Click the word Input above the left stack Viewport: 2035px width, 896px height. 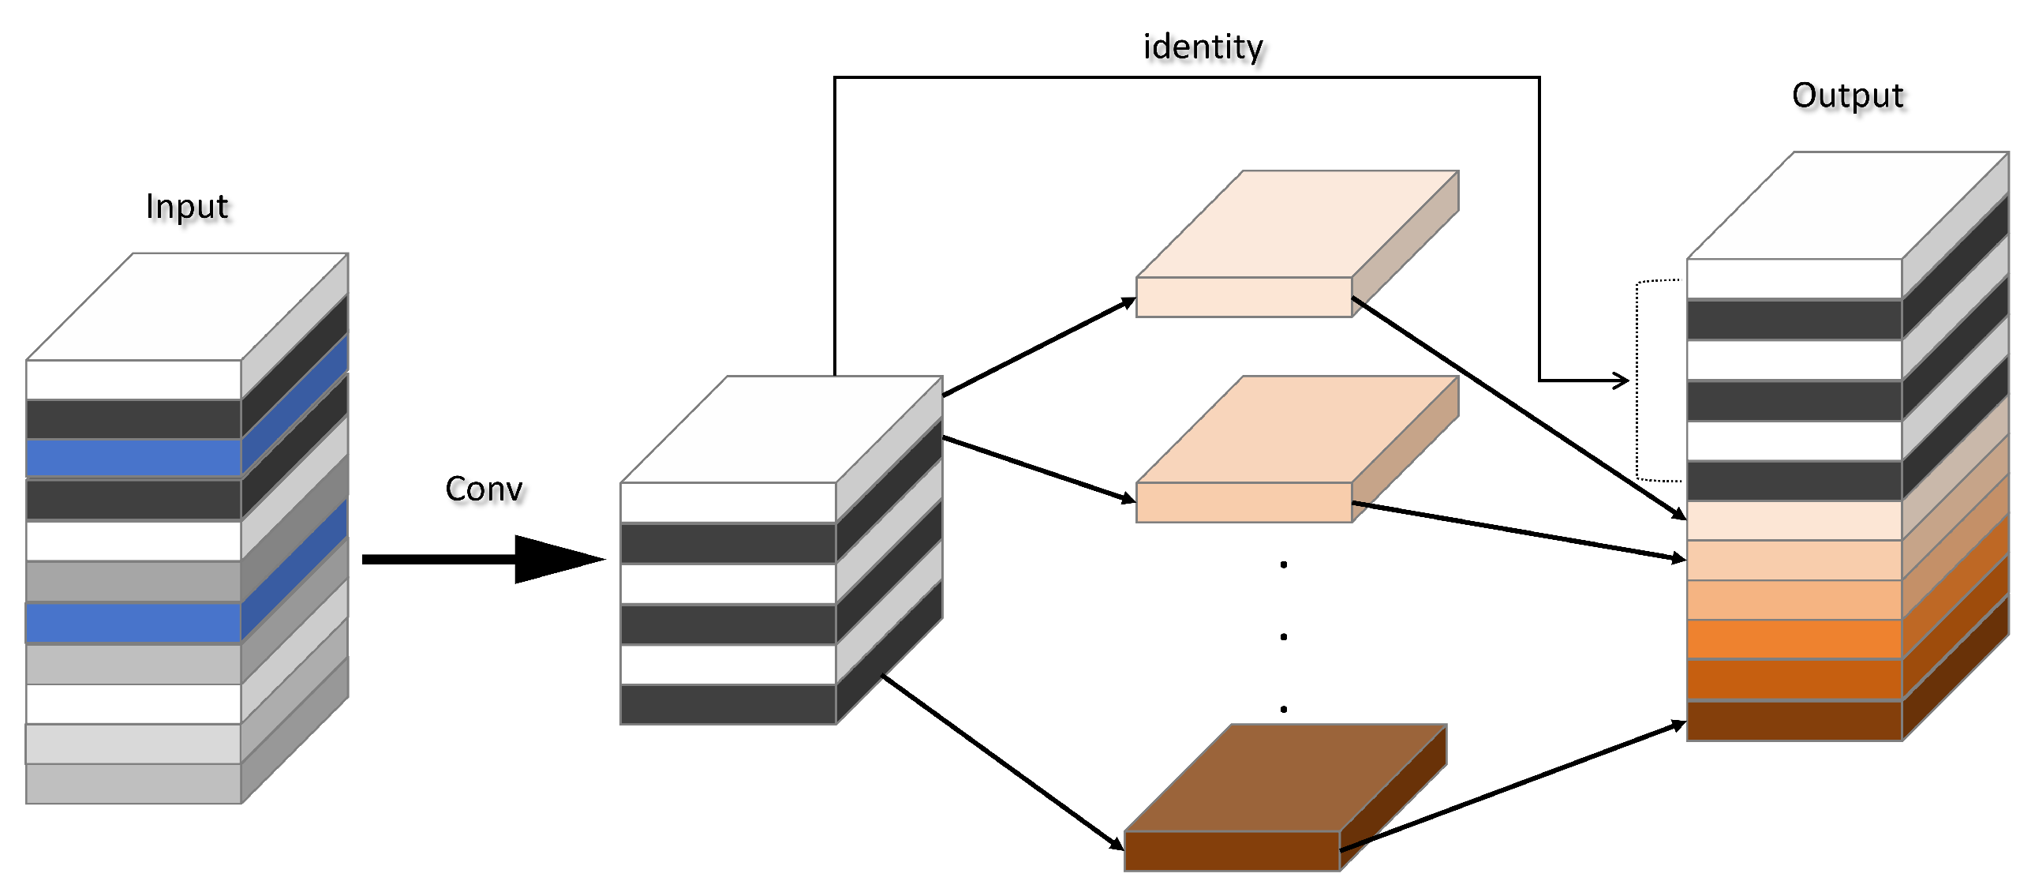coord(186,207)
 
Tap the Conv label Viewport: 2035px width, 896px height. coord(484,489)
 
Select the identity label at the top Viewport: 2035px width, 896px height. coord(1203,47)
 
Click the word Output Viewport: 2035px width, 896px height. coord(1847,96)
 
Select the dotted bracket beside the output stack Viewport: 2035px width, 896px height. coord(1637,379)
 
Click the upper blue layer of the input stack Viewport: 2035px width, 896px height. coord(133,458)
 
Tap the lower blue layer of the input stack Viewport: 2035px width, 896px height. coord(133,623)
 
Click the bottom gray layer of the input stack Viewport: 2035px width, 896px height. coord(133,784)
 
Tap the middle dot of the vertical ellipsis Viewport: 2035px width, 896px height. coord(1284,637)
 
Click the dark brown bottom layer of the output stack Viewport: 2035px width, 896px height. coord(1794,721)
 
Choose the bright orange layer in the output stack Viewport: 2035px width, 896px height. coord(1794,639)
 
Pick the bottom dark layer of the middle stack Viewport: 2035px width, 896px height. coord(728,705)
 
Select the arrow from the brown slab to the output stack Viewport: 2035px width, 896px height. coord(1513,786)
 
